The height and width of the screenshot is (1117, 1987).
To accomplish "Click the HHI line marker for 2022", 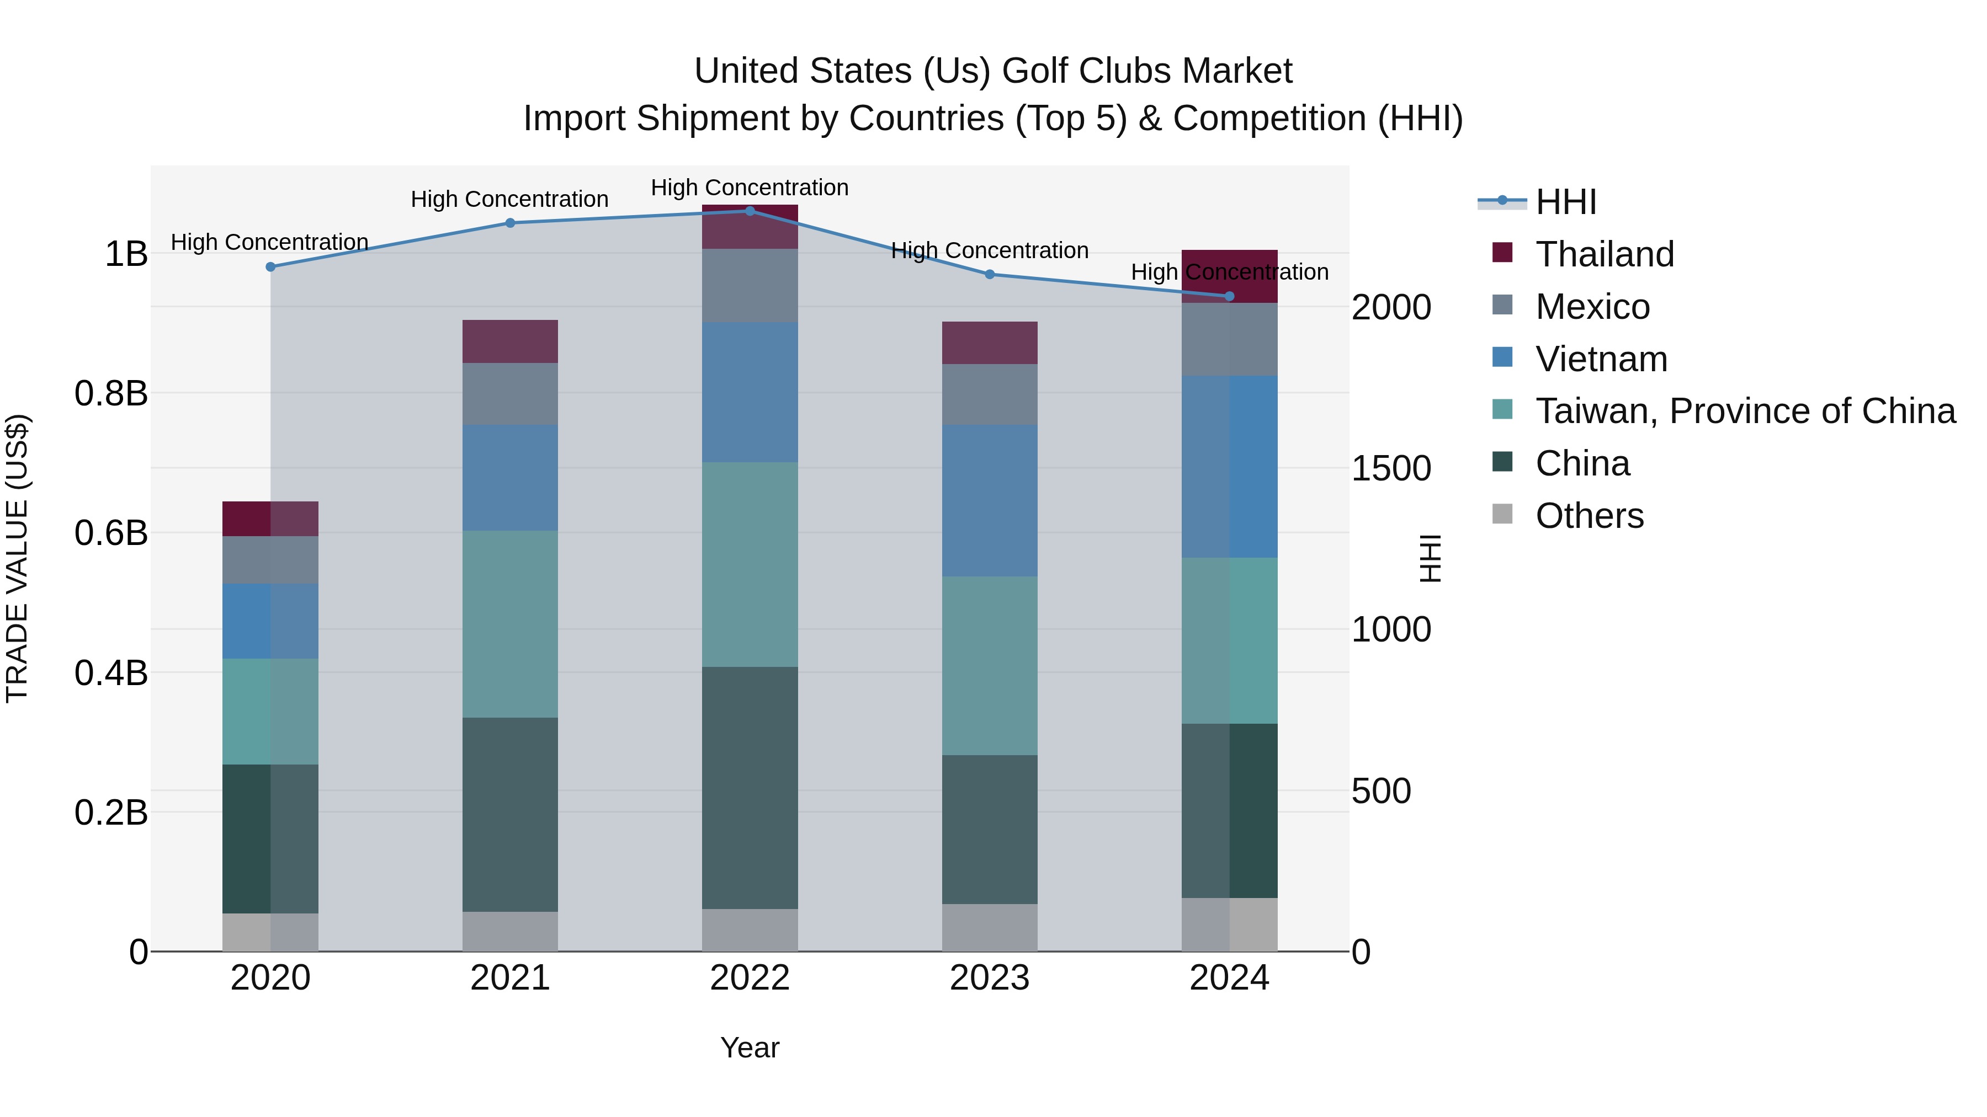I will click(749, 211).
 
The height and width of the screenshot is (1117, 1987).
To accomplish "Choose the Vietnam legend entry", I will click(1601, 359).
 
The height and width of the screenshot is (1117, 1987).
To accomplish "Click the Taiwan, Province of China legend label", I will click(1745, 411).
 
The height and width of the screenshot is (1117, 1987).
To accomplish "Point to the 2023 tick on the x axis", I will click(989, 977).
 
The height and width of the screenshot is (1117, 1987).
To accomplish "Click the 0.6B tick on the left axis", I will click(111, 533).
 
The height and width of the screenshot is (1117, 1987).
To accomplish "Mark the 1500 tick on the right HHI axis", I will click(1391, 468).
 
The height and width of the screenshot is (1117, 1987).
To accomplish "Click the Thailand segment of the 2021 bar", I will click(510, 341).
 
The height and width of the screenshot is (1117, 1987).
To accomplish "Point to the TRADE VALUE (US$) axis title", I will click(17, 558).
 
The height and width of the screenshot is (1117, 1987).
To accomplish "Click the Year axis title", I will click(749, 1047).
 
